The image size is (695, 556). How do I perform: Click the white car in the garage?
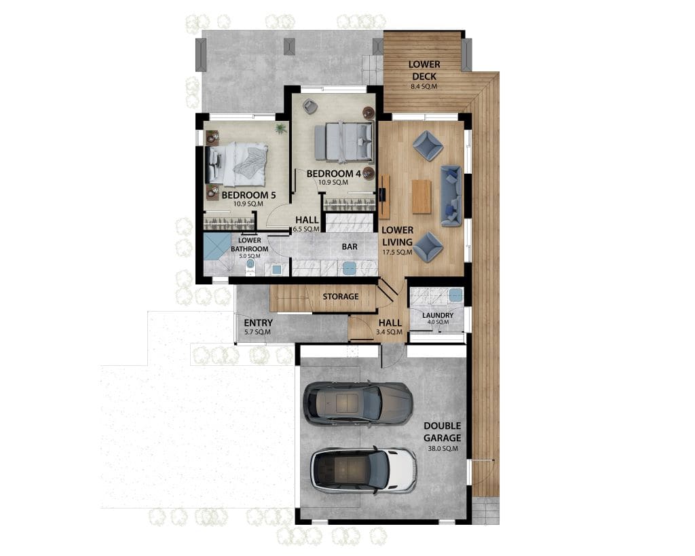click(x=363, y=468)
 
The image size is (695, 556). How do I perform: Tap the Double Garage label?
click(x=442, y=432)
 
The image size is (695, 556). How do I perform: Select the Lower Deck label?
click(x=424, y=70)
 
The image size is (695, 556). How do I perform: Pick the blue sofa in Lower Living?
click(x=451, y=196)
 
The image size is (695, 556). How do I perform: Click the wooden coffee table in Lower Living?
click(x=421, y=196)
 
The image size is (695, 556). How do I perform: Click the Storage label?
click(x=341, y=297)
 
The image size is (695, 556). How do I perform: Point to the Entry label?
click(x=257, y=323)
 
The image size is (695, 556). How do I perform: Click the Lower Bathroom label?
click(x=250, y=244)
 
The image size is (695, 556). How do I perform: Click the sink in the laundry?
click(x=455, y=296)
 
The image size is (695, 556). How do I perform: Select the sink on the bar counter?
click(x=350, y=267)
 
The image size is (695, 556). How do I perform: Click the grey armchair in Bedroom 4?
click(x=309, y=107)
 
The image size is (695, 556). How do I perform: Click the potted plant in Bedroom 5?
click(x=280, y=128)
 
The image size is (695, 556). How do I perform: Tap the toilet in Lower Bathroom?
click(x=250, y=263)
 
